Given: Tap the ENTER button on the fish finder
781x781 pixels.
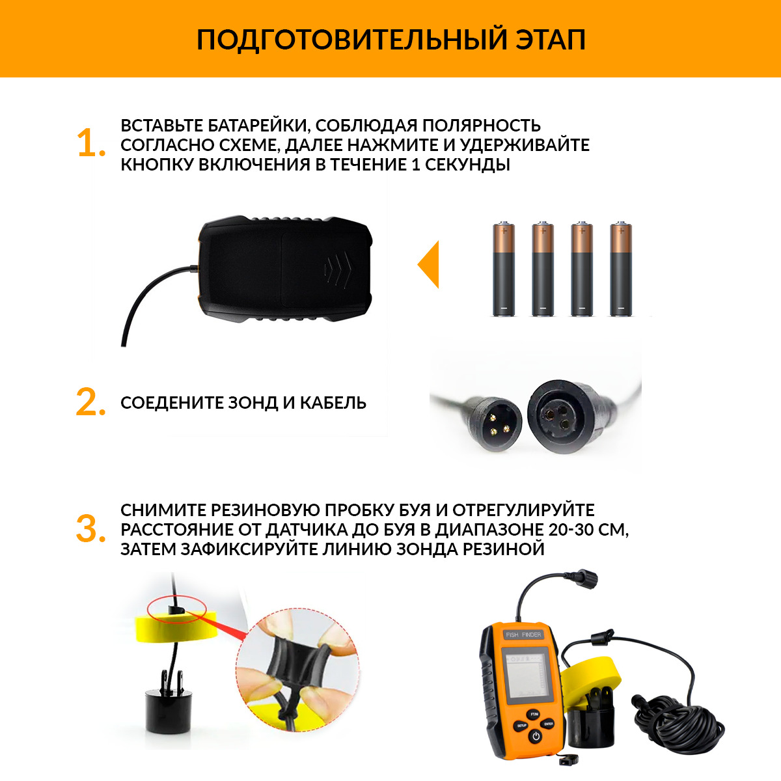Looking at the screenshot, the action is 549,724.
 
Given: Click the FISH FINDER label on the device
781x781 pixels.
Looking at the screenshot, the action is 523,635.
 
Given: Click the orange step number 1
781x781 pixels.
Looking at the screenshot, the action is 91,143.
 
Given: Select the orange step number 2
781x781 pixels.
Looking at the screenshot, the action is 90,402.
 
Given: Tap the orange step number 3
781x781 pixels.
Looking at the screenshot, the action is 90,529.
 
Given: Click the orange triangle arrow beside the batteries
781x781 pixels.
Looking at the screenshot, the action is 428,264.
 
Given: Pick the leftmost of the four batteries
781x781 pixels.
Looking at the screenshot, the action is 504,269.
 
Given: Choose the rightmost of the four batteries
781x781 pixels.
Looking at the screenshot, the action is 621,269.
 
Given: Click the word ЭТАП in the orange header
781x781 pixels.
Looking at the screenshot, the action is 550,40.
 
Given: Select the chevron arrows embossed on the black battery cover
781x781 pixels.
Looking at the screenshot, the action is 338,269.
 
